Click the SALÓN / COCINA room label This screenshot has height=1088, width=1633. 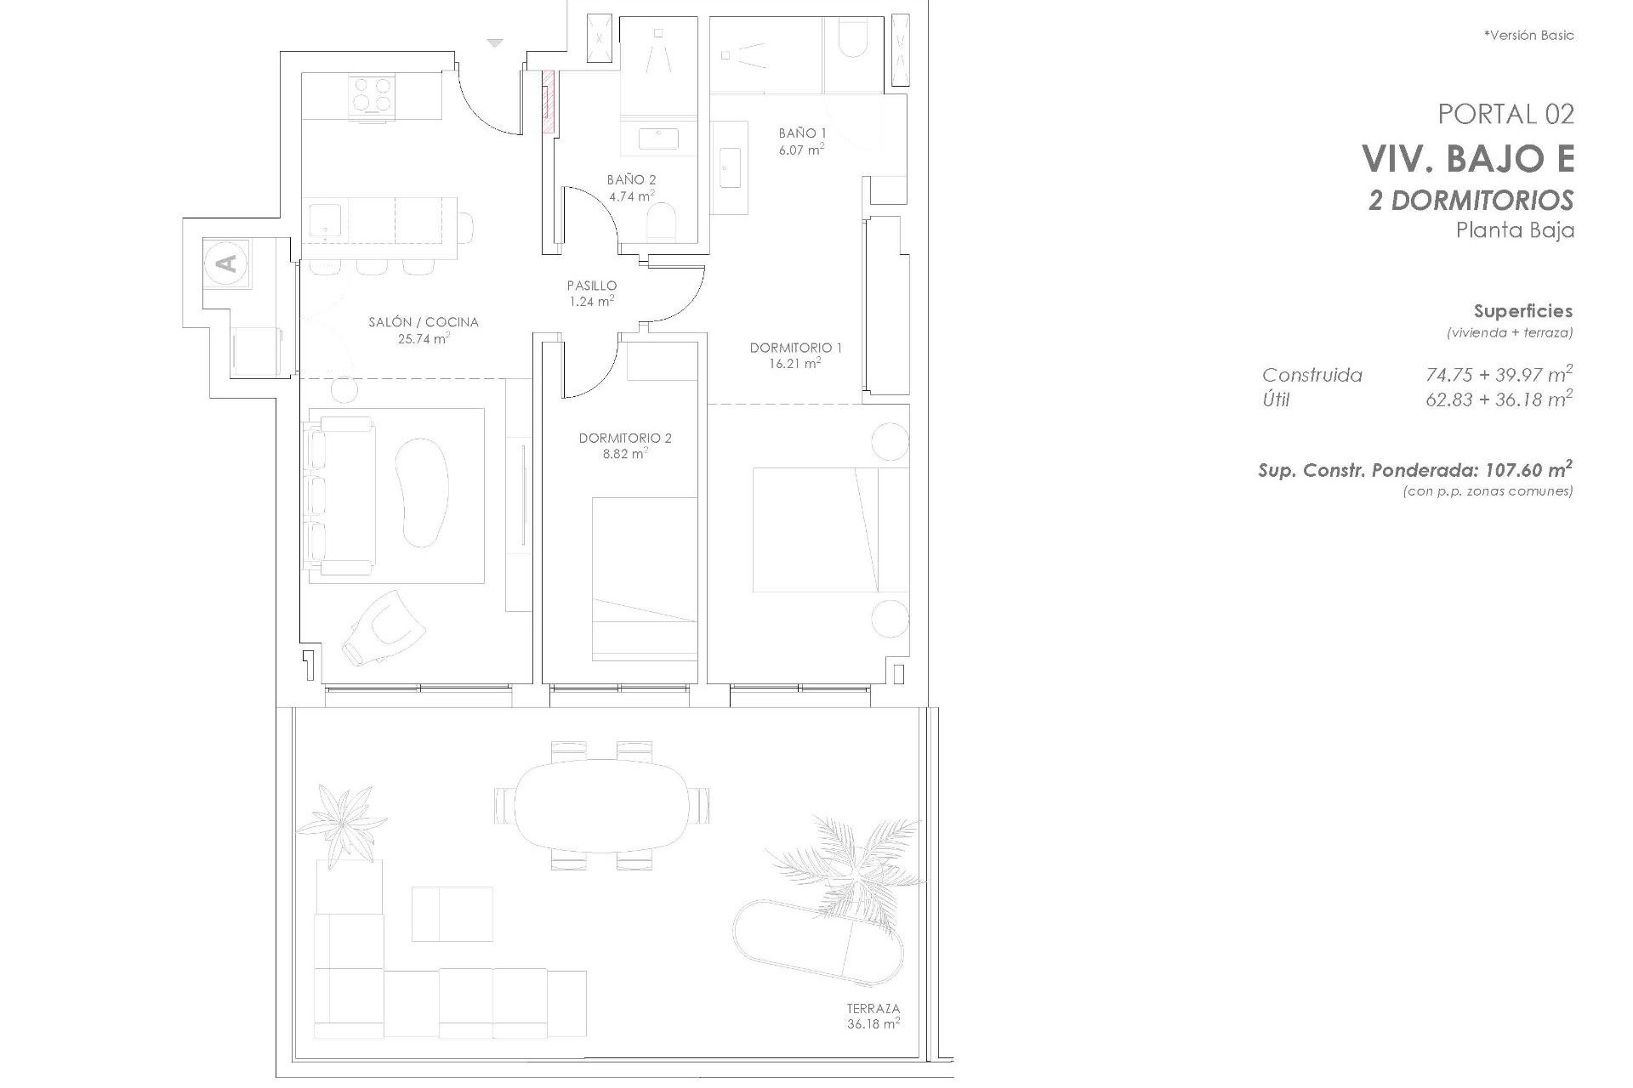click(423, 322)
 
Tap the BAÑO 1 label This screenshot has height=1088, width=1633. click(802, 133)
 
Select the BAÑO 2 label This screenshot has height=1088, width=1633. click(631, 179)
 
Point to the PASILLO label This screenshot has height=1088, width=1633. click(592, 286)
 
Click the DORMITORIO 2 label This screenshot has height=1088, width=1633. click(625, 439)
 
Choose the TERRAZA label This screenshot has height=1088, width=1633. click(873, 1009)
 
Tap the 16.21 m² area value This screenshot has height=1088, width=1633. click(796, 364)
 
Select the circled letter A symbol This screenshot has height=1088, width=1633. click(227, 263)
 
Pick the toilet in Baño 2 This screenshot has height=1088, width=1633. click(661, 223)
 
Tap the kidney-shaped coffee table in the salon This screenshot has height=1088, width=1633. click(423, 492)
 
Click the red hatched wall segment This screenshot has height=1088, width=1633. click(549, 101)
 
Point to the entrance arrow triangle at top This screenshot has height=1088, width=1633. click(495, 42)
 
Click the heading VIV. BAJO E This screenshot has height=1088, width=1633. click(1468, 159)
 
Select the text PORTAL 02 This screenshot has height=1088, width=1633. click(1505, 114)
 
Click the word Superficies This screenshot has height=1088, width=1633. click(1522, 311)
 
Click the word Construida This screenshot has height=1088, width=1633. click(1312, 375)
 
